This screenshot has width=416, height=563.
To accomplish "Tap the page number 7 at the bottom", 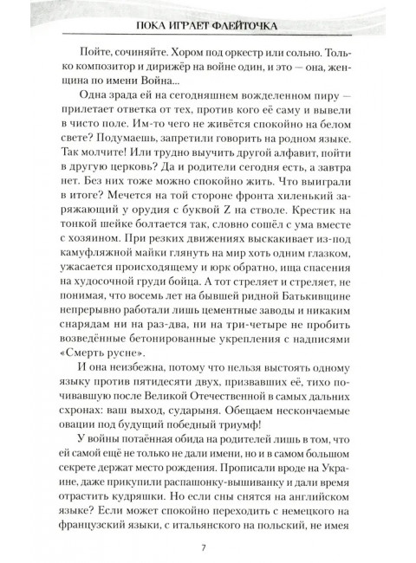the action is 203,546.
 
